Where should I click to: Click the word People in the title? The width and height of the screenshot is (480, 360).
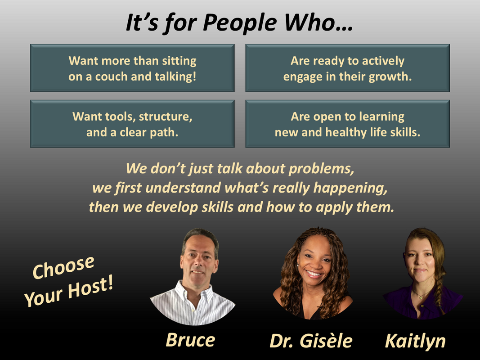click(240, 23)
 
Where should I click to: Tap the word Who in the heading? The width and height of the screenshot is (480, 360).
click(314, 22)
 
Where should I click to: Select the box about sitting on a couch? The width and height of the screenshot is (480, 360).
click(132, 68)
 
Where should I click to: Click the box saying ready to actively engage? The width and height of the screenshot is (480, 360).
click(347, 68)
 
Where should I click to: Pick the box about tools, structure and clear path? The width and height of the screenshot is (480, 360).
click(132, 124)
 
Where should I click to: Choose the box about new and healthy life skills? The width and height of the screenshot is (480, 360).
click(347, 124)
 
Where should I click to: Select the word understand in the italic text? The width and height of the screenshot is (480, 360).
click(183, 188)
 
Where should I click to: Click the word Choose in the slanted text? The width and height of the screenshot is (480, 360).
click(63, 267)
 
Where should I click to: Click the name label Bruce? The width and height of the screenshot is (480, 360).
click(190, 340)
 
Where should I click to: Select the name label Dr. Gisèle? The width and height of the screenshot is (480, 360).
click(311, 341)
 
